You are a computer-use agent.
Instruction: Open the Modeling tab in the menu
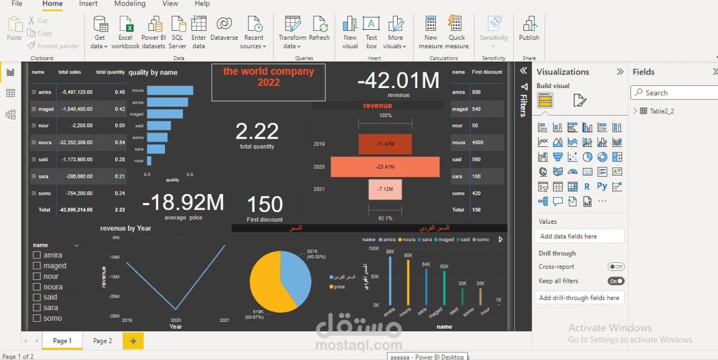coord(130,4)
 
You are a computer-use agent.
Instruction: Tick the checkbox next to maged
coord(37,266)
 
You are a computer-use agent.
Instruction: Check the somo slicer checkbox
coord(37,319)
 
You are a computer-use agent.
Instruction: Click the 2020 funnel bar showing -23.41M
coord(385,167)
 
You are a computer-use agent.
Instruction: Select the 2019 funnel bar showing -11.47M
coord(385,144)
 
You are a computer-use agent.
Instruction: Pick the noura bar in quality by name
coord(170,90)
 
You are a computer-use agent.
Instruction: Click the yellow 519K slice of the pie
coord(269,289)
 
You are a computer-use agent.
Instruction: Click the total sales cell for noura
coord(75,142)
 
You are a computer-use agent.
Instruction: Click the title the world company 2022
coord(268,77)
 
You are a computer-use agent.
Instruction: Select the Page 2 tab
coord(103,340)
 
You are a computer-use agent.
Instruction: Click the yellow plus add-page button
coord(133,340)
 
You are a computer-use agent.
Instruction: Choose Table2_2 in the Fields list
coord(662,111)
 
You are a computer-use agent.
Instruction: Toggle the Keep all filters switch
coord(616,281)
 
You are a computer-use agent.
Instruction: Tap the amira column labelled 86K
coord(390,280)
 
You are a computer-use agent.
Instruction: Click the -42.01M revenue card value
coord(398,81)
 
